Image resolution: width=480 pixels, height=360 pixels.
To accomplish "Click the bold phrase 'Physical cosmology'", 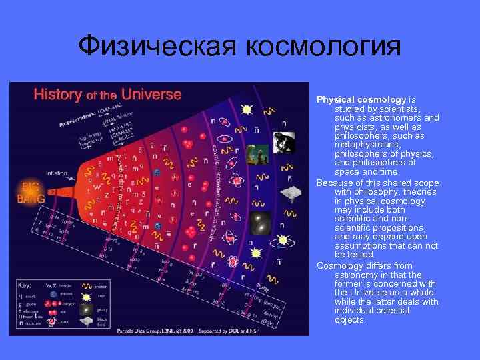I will pyautogui.click(x=361, y=99).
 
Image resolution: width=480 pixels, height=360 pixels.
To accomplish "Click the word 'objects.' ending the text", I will pyautogui.click(x=351, y=320).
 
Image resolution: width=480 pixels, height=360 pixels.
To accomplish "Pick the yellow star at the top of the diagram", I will pyautogui.click(x=246, y=108).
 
